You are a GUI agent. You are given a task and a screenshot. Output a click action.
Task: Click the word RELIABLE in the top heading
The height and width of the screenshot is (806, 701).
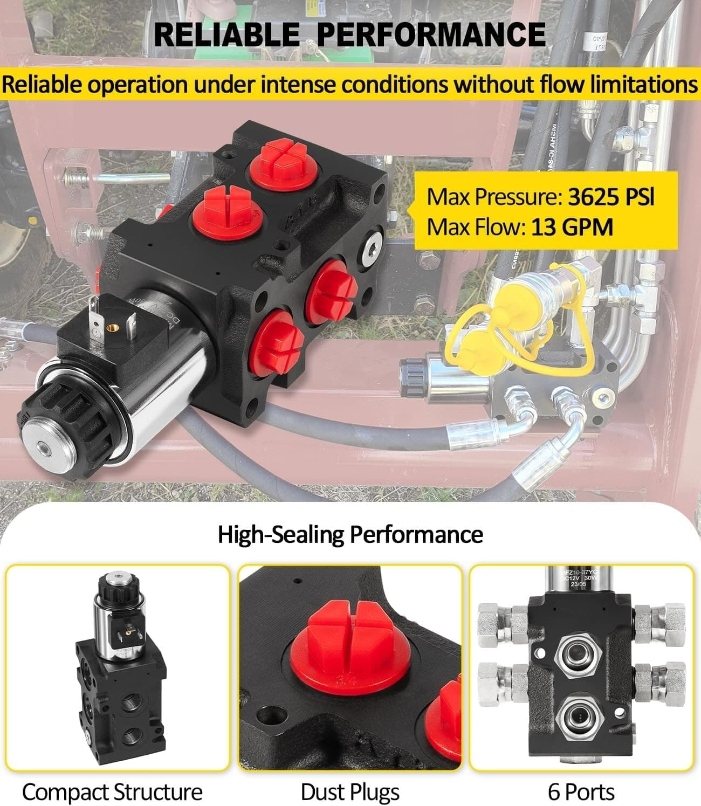[x=226, y=35]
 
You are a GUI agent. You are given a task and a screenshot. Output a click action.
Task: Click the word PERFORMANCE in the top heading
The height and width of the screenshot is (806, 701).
[x=431, y=35]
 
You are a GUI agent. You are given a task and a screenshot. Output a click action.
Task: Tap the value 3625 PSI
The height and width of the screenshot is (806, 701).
[x=611, y=197]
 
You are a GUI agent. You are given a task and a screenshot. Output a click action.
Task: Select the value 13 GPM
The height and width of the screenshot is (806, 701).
[x=572, y=227]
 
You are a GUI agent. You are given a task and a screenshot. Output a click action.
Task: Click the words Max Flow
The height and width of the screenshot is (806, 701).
[x=475, y=227]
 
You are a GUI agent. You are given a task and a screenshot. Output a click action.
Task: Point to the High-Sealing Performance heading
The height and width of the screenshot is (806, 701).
[x=350, y=534]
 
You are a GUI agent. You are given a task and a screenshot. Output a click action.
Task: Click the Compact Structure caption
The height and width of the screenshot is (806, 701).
[x=112, y=792]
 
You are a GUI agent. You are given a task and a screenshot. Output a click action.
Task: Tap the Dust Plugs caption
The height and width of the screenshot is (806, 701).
[x=350, y=792]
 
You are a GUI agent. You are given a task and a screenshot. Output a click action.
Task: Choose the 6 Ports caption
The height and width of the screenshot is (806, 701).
[x=581, y=792]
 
